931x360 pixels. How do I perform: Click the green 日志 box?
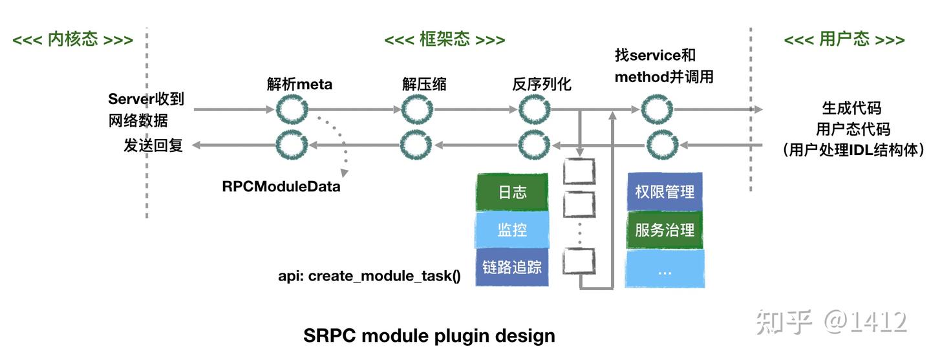click(x=512, y=192)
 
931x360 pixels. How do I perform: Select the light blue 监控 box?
click(x=512, y=229)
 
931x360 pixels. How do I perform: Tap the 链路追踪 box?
click(x=512, y=267)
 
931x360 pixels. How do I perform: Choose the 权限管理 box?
click(x=665, y=192)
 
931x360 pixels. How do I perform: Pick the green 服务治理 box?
click(x=665, y=230)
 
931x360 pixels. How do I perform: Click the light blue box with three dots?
click(x=665, y=268)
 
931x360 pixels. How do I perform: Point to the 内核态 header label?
click(x=72, y=39)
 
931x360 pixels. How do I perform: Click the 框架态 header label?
click(x=445, y=39)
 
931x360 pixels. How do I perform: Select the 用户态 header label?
click(x=844, y=39)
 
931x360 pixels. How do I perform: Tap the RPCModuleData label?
click(x=281, y=186)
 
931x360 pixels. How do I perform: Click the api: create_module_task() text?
click(x=370, y=275)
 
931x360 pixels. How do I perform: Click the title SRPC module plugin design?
click(x=429, y=336)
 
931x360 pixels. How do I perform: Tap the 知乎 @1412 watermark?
click(x=831, y=322)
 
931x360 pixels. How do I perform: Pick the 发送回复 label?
click(x=153, y=145)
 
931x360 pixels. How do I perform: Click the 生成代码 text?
click(x=851, y=108)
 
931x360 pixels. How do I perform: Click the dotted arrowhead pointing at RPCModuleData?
click(x=344, y=173)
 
